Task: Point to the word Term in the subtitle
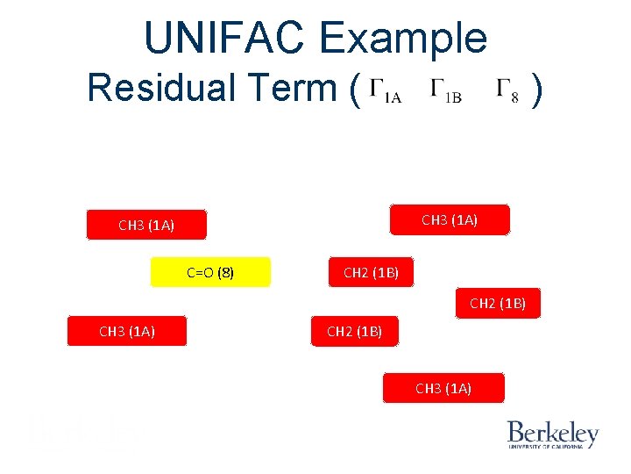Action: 301,88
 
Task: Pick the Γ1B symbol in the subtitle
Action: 446,91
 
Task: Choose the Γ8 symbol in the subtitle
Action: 507,91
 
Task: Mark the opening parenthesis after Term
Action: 354,89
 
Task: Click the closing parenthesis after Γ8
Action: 539,89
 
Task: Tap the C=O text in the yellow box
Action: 199,272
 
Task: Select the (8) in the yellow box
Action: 225,272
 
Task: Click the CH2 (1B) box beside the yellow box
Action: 371,272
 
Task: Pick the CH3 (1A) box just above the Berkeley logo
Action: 443,388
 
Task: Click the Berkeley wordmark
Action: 552,433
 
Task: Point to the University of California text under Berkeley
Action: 552,447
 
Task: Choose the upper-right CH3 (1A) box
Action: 449,219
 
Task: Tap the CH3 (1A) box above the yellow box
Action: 146,225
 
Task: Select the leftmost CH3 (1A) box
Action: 127,331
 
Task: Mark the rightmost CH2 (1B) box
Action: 497,304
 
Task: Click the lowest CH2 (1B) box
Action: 354,331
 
